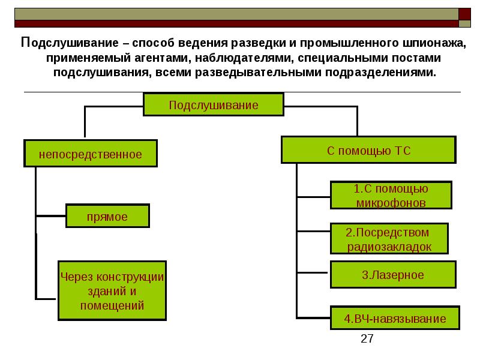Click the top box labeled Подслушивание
[213, 105]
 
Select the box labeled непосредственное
[91, 154]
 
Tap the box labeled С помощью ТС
[368, 151]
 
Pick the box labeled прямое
[107, 217]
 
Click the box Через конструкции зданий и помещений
[112, 290]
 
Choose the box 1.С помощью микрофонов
[391, 196]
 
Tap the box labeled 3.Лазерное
[393, 275]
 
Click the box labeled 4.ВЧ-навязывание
[395, 319]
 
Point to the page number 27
[367, 339]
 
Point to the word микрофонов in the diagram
[391, 203]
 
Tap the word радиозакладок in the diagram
[389, 247]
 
